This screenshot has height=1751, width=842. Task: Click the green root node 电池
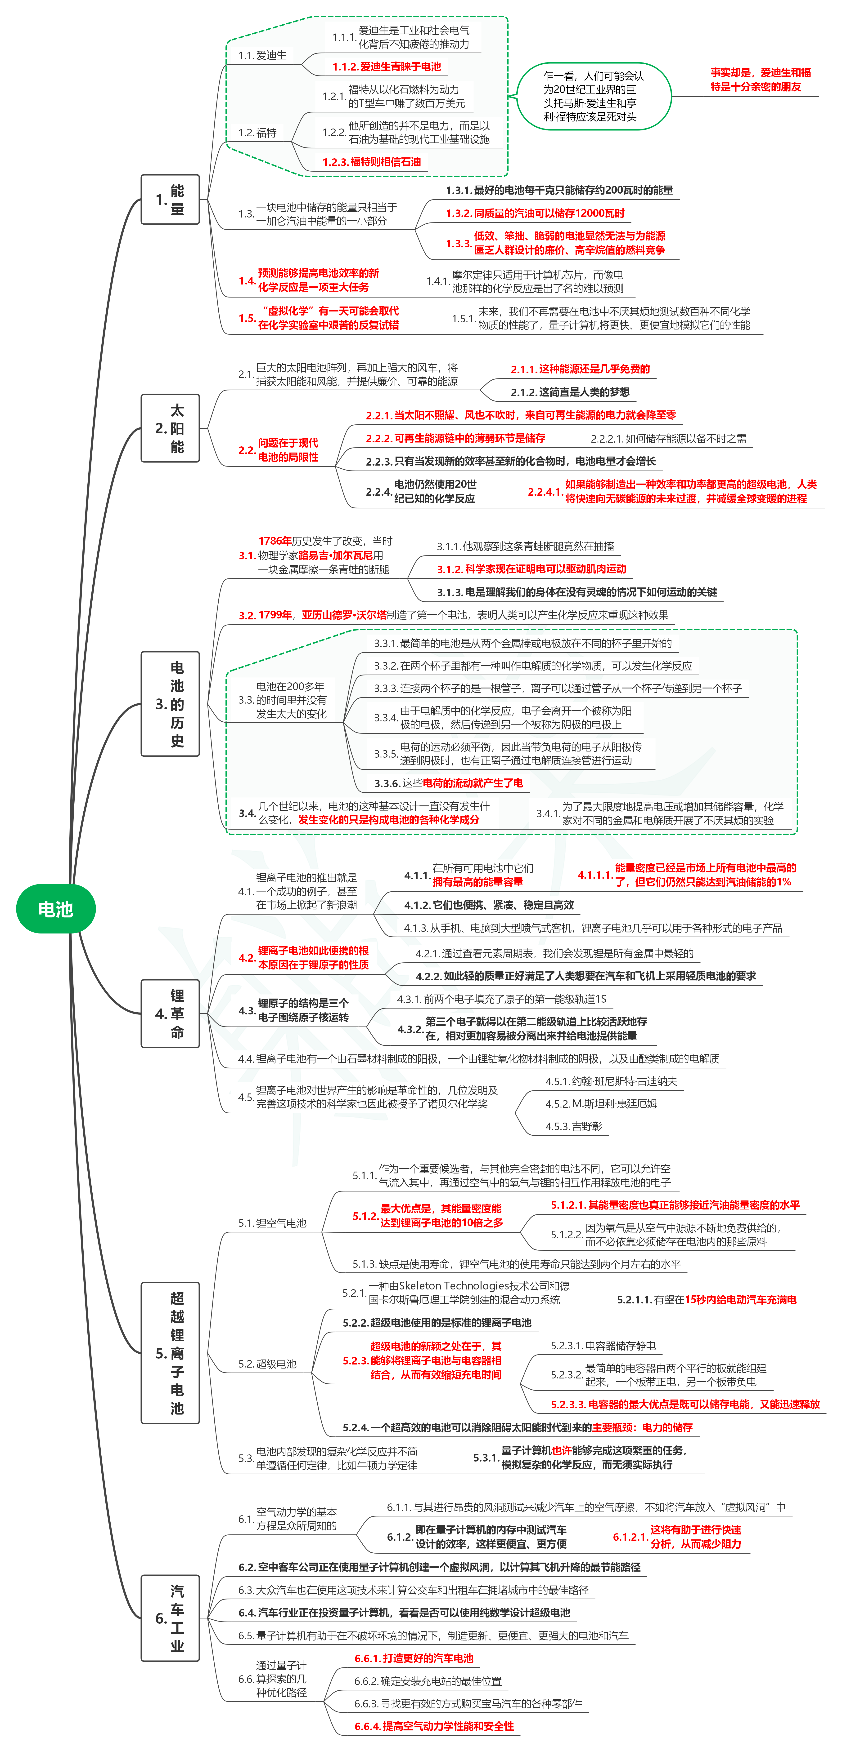point(56,909)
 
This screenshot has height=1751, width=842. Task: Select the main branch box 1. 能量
point(170,199)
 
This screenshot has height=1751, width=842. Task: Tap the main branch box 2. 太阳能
point(170,428)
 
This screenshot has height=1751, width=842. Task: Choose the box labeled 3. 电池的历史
point(170,703)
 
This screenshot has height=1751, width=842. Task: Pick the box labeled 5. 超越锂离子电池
point(170,1353)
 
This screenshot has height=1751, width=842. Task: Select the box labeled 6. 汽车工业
point(170,1618)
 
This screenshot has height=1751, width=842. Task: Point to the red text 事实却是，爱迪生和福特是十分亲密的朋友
point(760,80)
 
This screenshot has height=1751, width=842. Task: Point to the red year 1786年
point(275,541)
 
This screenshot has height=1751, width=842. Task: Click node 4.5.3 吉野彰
point(573,1126)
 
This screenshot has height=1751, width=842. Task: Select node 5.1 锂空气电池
point(272,1223)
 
